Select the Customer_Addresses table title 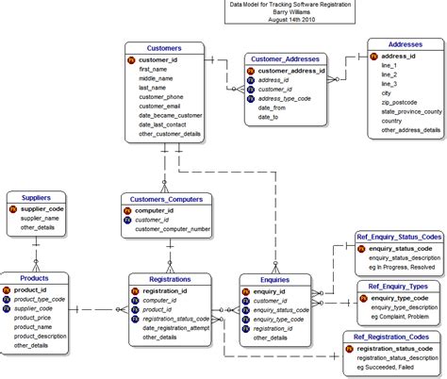coord(285,58)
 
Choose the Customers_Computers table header coord(166,198)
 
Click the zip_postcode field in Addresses coord(402,101)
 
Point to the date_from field coord(273,107)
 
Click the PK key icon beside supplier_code coord(13,208)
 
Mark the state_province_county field coord(411,111)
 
